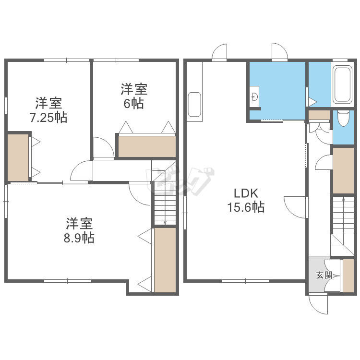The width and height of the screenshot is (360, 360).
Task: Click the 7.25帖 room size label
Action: (48, 117)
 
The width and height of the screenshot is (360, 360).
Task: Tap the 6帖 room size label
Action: (134, 104)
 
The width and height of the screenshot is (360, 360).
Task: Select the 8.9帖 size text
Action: (79, 238)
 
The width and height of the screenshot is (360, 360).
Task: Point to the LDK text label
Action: (246, 193)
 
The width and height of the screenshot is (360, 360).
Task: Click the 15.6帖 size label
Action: (246, 207)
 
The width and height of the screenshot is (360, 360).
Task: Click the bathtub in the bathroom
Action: (342, 84)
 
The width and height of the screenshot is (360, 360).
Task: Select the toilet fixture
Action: (343, 118)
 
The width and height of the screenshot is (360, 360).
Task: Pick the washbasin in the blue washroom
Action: (254, 96)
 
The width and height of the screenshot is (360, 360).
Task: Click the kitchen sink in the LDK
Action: (194, 104)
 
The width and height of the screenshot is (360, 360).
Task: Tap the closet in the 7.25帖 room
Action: (18, 157)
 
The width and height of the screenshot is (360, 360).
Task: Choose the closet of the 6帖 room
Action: (147, 146)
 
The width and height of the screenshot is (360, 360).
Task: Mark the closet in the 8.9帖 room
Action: (165, 260)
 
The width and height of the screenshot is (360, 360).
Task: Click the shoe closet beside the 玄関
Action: (348, 276)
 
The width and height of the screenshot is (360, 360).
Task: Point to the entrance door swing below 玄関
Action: (318, 305)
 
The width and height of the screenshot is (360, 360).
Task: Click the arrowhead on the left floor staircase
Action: (165, 222)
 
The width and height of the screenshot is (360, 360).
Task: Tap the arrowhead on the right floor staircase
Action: (343, 198)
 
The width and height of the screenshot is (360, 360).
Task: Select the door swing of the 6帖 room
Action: (104, 147)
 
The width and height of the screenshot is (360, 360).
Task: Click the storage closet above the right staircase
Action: (343, 170)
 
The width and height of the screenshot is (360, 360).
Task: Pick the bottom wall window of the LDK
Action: (245, 281)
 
